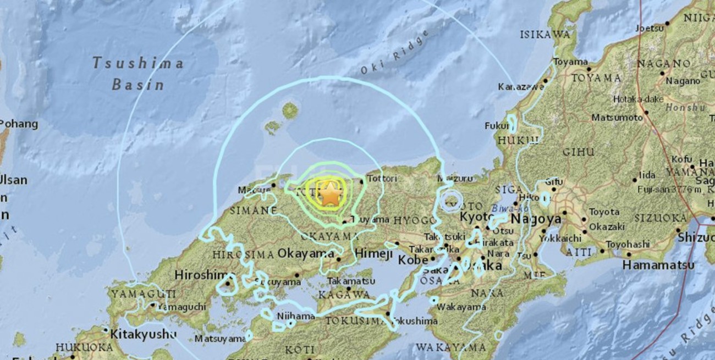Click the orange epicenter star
click(x=329, y=195)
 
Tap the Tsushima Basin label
click(x=137, y=74)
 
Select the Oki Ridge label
click(x=394, y=53)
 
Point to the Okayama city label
click(x=306, y=254)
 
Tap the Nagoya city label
click(x=536, y=219)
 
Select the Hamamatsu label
click(x=658, y=265)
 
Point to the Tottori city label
click(x=382, y=179)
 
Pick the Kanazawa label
click(x=519, y=87)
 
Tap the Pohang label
click(x=19, y=124)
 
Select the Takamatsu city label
click(x=348, y=281)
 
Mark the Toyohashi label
click(x=627, y=244)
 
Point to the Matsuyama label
click(x=219, y=339)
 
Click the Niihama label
click(x=295, y=316)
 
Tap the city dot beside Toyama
click(x=588, y=69)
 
